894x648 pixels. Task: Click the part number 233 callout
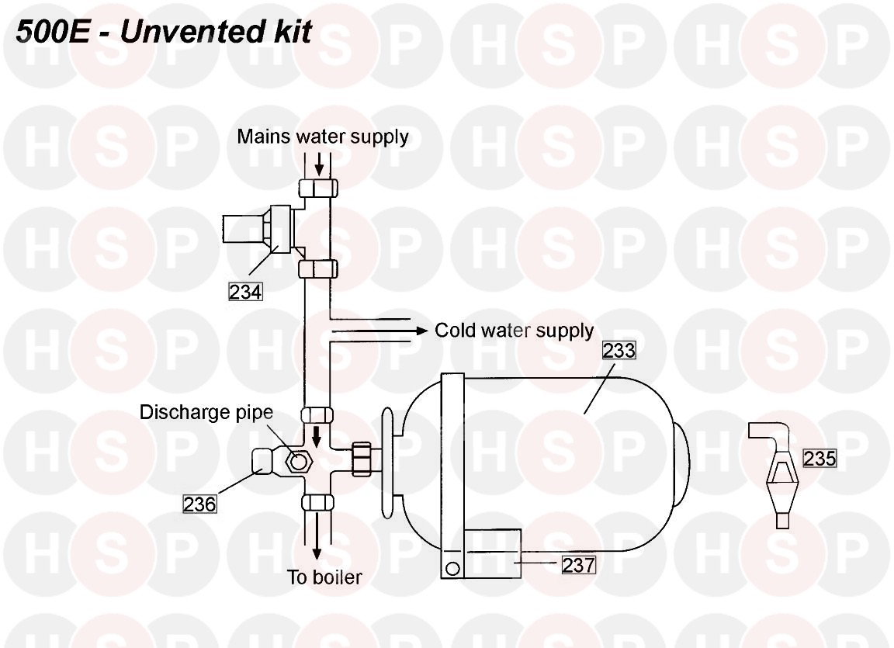point(619,350)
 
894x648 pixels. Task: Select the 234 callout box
point(245,292)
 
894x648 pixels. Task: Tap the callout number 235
point(819,458)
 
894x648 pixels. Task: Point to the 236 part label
point(199,504)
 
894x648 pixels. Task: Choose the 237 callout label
point(579,565)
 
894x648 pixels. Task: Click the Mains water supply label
point(323,137)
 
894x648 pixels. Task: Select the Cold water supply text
point(515,331)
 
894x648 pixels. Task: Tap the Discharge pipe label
point(206,412)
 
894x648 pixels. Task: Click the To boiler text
point(324,577)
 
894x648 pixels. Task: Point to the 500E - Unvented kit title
point(164,31)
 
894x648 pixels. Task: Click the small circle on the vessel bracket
point(452,568)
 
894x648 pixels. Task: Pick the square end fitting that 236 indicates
point(263,460)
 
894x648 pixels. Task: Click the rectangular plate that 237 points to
point(493,553)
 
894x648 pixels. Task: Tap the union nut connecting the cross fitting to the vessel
point(362,459)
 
